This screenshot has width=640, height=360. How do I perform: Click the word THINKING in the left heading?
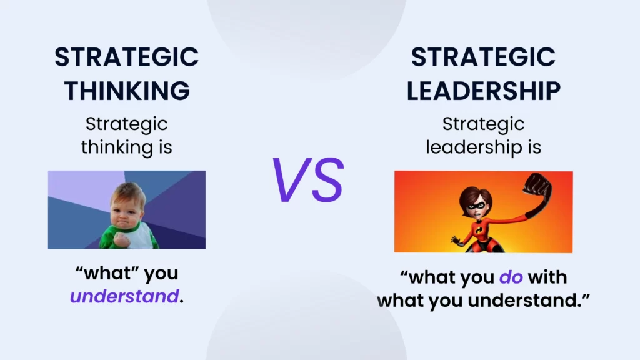127,91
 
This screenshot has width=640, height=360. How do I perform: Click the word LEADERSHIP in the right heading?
483,91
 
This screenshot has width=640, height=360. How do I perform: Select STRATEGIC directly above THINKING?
127,58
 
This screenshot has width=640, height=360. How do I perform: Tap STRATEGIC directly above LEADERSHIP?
483,58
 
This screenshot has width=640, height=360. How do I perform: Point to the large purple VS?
307,180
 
